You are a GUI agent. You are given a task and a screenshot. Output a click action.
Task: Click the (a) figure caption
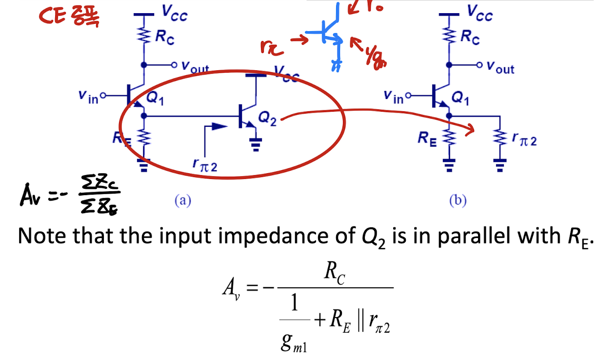183,200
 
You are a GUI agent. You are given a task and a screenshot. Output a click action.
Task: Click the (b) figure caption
458,200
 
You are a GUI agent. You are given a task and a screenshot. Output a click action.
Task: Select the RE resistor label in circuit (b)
428,138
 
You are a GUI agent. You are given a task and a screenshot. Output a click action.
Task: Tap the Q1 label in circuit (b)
459,98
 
